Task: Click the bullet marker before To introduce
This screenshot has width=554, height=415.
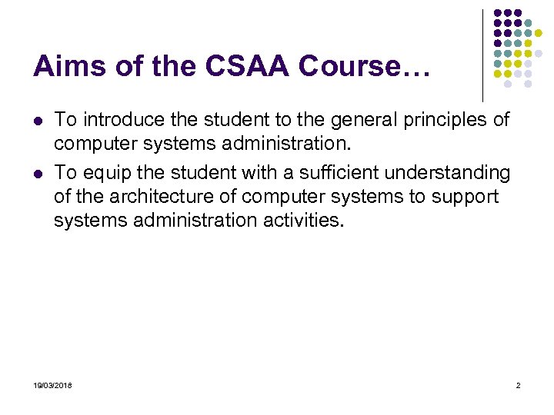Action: coord(37,121)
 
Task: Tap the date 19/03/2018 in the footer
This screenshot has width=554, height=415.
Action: coord(53,384)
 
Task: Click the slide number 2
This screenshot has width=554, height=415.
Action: coord(518,384)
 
